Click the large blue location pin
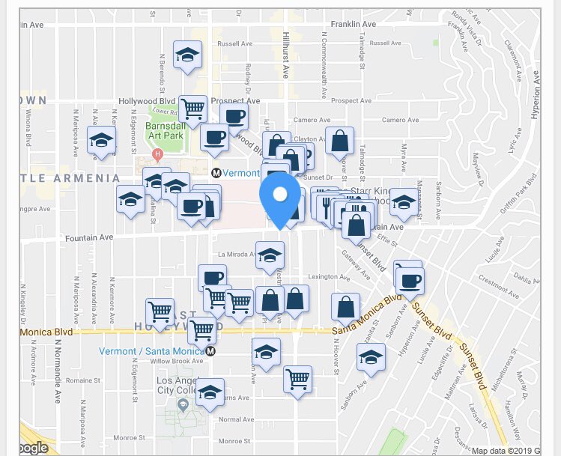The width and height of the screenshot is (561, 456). point(280,196)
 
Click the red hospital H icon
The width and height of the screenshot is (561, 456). point(157,155)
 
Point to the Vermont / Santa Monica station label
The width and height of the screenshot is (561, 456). point(152,351)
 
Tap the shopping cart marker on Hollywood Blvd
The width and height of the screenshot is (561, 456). point(193,108)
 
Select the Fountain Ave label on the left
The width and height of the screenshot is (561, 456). point(89,237)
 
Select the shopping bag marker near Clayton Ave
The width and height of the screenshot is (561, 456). point(339,141)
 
